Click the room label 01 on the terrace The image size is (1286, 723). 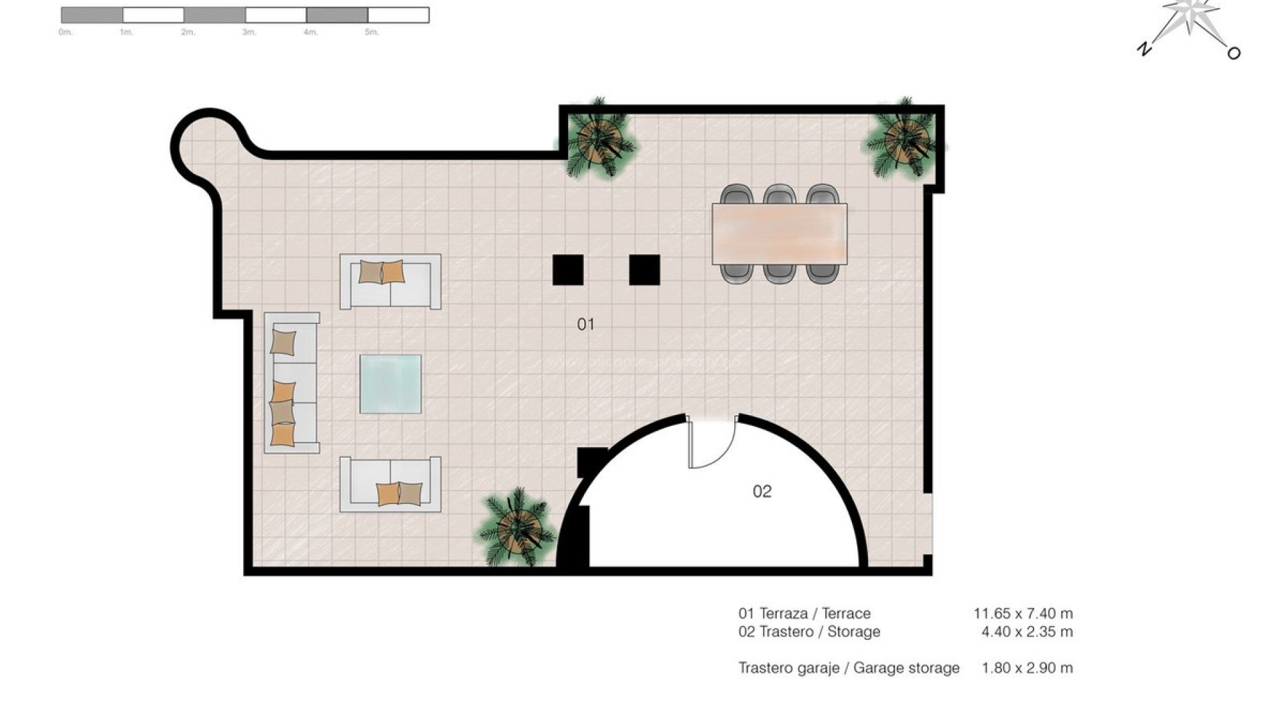pos(585,325)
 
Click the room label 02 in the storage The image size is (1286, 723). pos(762,492)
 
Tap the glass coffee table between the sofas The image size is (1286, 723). pos(390,384)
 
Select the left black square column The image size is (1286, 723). pos(567,270)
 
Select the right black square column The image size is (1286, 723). pos(644,270)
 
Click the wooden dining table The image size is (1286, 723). pos(779,234)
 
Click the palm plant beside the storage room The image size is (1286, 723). pos(517,528)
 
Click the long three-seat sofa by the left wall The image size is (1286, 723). pos(292,383)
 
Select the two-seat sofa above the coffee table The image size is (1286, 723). pos(390,282)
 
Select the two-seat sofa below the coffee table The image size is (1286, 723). pos(390,485)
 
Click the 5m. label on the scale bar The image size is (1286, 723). pos(372,32)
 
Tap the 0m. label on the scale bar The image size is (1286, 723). pos(65,32)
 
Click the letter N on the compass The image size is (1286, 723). pos(1144,48)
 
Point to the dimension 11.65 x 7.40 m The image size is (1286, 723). pos(1023,613)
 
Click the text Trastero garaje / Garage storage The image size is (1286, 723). pos(849,668)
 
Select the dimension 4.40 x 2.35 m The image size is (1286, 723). pos(1027,632)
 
